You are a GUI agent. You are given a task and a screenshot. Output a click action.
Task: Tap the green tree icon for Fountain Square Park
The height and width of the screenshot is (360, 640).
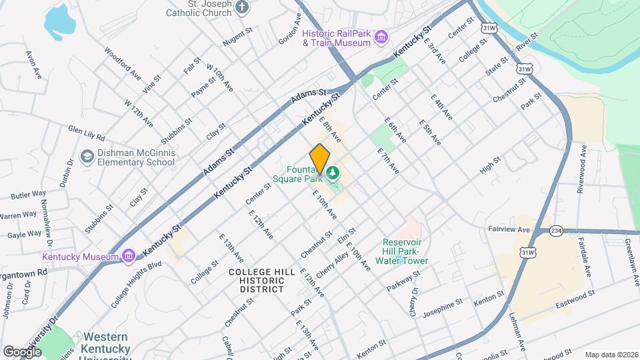332,174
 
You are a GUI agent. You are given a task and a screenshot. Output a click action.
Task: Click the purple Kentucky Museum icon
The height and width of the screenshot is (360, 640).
129,256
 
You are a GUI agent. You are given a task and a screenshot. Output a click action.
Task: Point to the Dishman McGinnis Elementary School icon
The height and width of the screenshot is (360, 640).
87,156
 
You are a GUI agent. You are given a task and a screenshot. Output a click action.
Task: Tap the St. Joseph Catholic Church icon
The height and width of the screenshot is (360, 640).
243,8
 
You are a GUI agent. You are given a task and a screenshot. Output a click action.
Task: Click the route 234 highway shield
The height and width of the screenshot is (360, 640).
556,231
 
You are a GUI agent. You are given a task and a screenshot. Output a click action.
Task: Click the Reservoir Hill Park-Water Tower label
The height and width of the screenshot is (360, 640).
405,251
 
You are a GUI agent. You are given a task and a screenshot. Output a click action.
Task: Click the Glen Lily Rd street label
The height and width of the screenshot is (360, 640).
87,132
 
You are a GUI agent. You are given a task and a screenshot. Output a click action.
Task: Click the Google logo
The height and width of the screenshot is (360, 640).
22,351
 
